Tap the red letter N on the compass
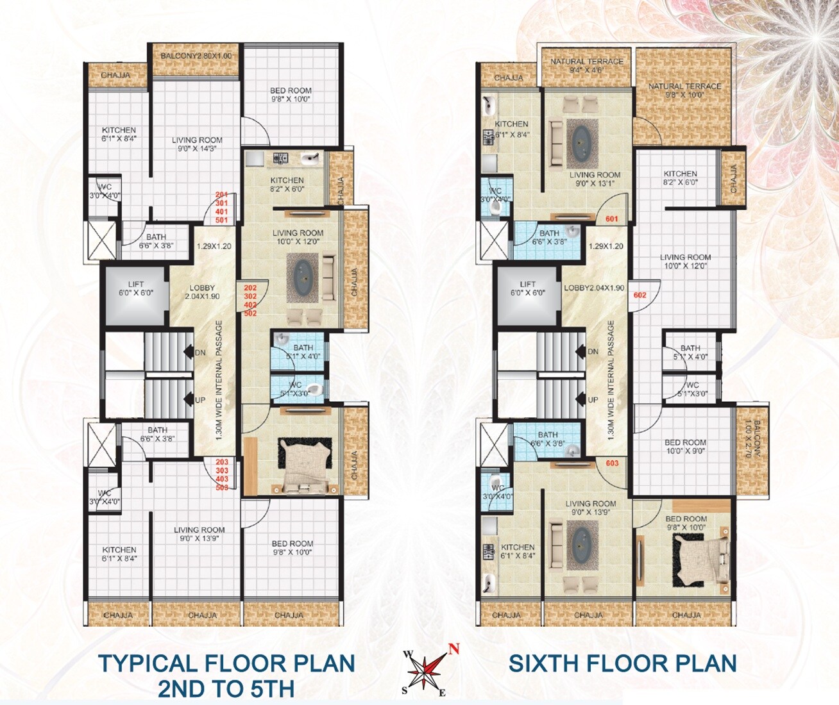pos(453,649)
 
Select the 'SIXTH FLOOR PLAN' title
pos(622,664)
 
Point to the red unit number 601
pos(612,219)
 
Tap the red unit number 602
pos(640,295)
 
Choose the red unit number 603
pos(612,463)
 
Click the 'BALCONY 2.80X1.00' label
pos(196,56)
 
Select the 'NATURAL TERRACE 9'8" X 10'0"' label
pos(684,90)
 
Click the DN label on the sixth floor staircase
pos(593,352)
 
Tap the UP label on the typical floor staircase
pos(200,401)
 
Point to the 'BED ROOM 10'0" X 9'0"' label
pos(685,447)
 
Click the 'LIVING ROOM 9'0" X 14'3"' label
pos(197,144)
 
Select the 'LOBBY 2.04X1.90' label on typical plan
pos(202,292)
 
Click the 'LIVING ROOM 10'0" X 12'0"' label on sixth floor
pos(685,261)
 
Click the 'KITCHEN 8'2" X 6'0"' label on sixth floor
pos(680,178)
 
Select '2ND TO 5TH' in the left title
pos(226,690)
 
